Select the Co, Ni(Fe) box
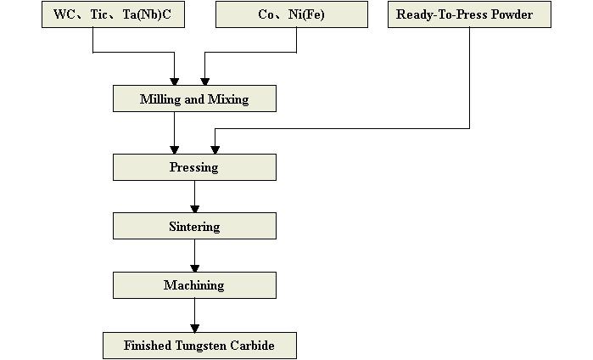pyautogui.click(x=292, y=14)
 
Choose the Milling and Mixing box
pyautogui.click(x=194, y=99)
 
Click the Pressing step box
pyautogui.click(x=194, y=167)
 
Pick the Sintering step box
pyautogui.click(x=194, y=226)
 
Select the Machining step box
pyautogui.click(x=194, y=285)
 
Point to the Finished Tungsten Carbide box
pyautogui.click(x=199, y=346)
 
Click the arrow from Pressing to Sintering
pyautogui.click(x=195, y=196)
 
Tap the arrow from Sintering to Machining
pyautogui.click(x=195, y=256)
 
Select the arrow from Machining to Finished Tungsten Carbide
pyautogui.click(x=195, y=315)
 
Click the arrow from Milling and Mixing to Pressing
pyautogui.click(x=175, y=132)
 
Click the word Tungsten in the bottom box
pyautogui.click(x=202, y=346)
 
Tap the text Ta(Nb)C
pyautogui.click(x=157, y=14)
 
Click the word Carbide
pyautogui.click(x=252, y=346)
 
